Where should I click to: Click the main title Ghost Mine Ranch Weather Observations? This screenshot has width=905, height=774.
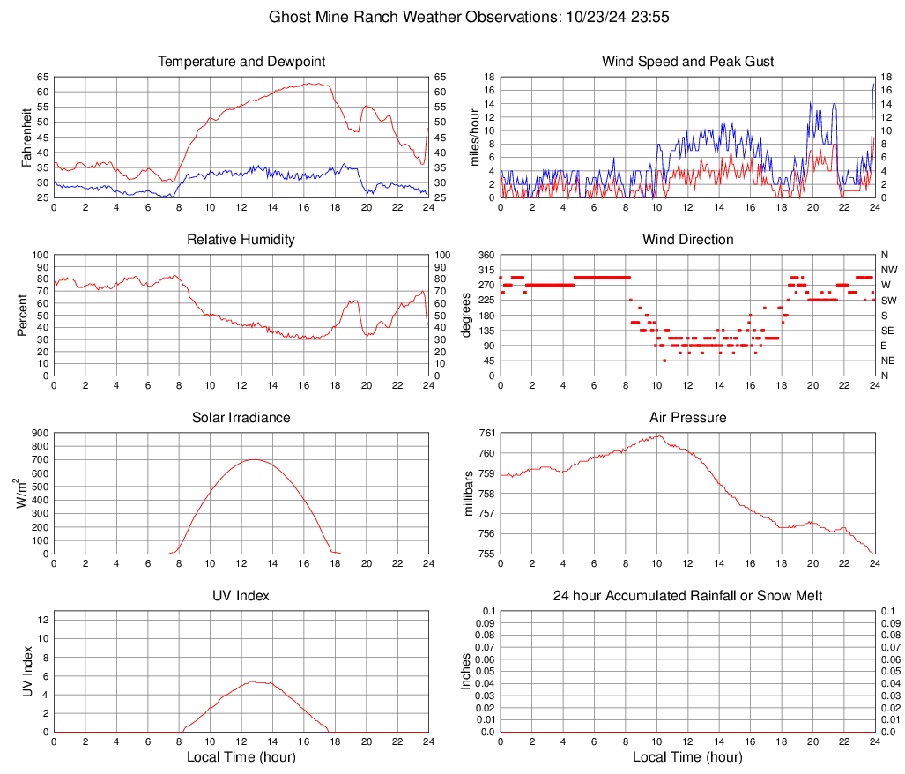[453, 17]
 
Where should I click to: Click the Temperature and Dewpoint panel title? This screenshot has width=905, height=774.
[241, 62]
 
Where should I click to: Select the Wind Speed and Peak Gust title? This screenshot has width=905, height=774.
[688, 62]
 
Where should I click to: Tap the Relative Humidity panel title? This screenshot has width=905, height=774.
[241, 240]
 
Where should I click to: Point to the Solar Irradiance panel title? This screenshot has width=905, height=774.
[241, 418]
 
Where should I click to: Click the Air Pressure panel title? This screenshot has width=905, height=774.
[688, 418]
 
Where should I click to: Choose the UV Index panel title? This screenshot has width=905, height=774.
[241, 596]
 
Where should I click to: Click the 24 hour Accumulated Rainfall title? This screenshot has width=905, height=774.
[688, 596]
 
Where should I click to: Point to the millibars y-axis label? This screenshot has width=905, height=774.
[470, 494]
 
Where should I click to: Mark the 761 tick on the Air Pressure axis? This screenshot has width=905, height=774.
[487, 433]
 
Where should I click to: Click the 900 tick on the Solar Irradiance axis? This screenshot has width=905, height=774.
[41, 433]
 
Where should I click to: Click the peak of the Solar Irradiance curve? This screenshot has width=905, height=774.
[255, 459]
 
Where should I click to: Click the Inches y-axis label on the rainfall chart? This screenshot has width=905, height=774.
[466, 671]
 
